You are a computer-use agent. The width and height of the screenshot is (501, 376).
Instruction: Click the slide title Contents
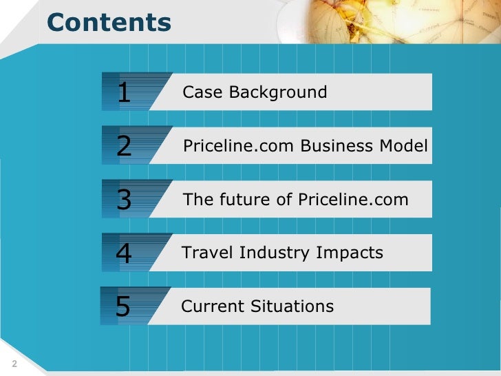click(109, 23)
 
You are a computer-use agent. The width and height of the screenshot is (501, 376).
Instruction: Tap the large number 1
click(124, 92)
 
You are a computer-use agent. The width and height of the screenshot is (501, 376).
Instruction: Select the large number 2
click(124, 146)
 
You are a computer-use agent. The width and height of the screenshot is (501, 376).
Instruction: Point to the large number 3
click(124, 200)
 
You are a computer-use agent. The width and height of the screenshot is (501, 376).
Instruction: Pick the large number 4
click(124, 253)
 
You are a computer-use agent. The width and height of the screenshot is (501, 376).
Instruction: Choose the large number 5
click(123, 306)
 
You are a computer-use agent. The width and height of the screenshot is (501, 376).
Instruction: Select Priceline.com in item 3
click(354, 200)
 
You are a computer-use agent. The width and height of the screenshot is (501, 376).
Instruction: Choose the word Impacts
click(350, 253)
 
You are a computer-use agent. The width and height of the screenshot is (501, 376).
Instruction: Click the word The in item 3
click(196, 200)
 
